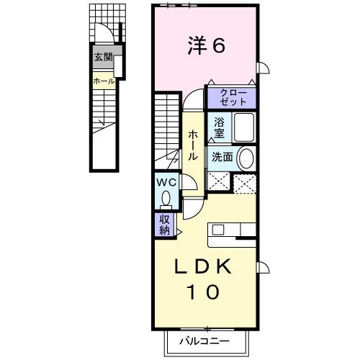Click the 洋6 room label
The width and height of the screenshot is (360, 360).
pos(204,45)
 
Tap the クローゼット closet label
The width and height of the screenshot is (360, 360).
pos(231,97)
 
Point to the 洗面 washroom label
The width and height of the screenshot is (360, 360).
pos(220,157)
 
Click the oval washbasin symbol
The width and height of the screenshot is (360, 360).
pos(245,158)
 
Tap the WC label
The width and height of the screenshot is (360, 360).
pos(166,183)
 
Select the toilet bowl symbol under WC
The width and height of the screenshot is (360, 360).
pos(167,197)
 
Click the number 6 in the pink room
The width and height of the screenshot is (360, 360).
pos(218,45)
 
